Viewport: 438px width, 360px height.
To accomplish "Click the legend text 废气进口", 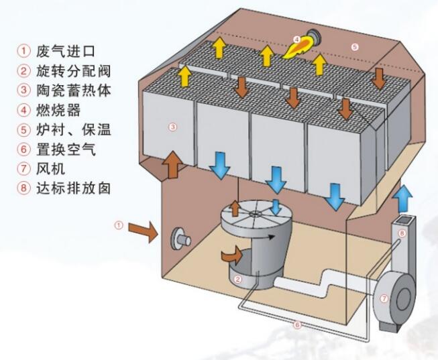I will coord(66,50).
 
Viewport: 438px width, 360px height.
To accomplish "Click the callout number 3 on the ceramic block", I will coord(172,127).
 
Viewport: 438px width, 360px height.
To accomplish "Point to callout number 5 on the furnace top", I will coord(355,46).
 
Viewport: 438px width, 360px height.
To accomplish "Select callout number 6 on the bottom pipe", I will coord(296,325).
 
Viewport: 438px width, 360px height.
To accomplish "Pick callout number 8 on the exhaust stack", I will coord(402,233).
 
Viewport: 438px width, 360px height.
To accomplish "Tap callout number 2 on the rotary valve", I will coord(236,278).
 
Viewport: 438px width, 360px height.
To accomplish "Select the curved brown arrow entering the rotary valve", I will coord(232,255).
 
